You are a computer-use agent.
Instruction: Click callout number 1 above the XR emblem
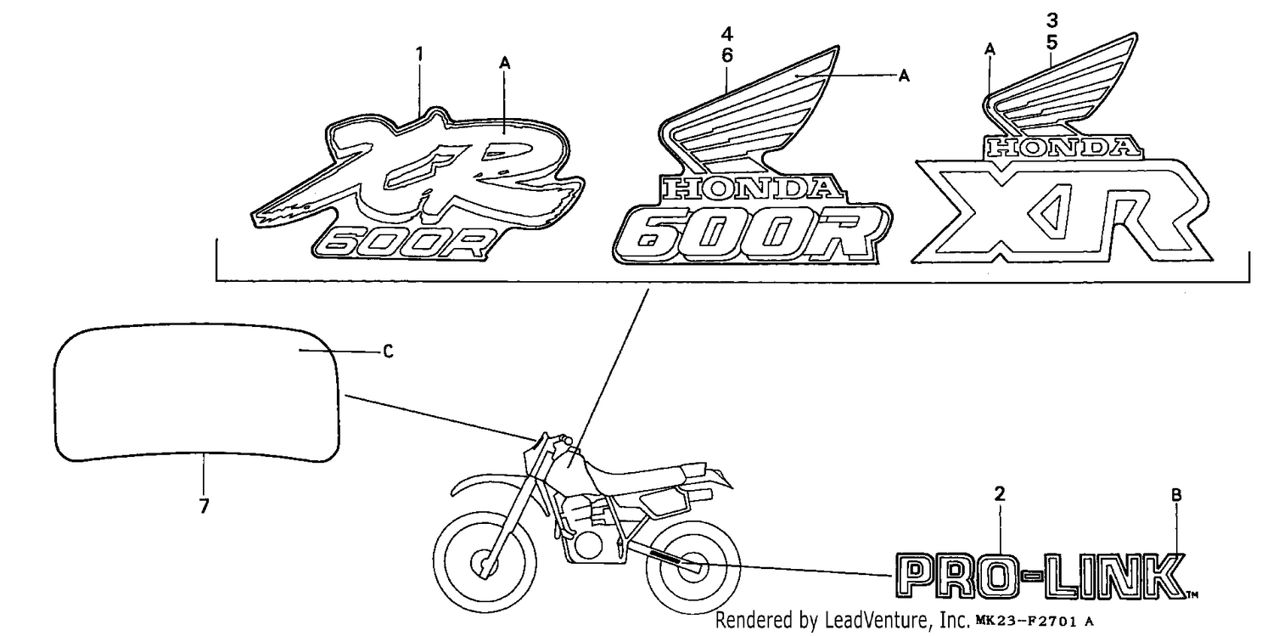click(x=419, y=54)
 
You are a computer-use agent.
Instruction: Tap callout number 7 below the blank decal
click(x=204, y=505)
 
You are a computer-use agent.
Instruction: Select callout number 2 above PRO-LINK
click(x=1000, y=493)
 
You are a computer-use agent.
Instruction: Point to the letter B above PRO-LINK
click(x=1176, y=495)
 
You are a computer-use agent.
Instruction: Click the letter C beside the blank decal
click(x=388, y=352)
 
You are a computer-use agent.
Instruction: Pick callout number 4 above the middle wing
click(x=726, y=34)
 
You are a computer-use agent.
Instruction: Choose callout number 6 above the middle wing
click(x=726, y=55)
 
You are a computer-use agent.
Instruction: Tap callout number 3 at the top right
click(x=1052, y=20)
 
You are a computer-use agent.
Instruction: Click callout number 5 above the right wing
click(x=1052, y=42)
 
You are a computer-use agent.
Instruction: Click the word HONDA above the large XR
click(x=1063, y=148)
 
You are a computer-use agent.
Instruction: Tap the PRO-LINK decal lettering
click(x=1041, y=576)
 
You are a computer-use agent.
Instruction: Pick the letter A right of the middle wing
click(x=904, y=76)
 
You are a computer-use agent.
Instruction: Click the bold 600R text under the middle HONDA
click(x=750, y=234)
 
